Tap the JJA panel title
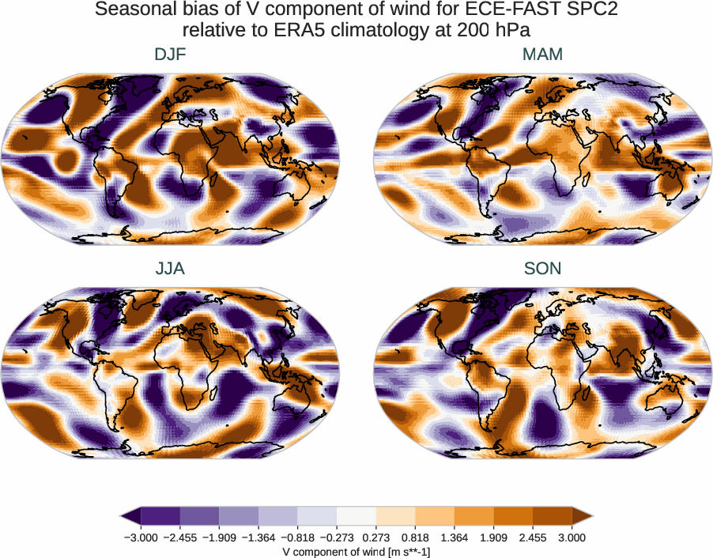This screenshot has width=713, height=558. [171, 269]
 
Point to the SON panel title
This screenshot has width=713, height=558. [542, 269]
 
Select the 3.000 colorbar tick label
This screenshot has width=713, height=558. [572, 537]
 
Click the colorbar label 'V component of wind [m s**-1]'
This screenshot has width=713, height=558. [356, 551]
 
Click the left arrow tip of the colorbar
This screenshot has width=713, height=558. [123, 516]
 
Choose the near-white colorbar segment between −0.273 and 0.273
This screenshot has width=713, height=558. [356, 516]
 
